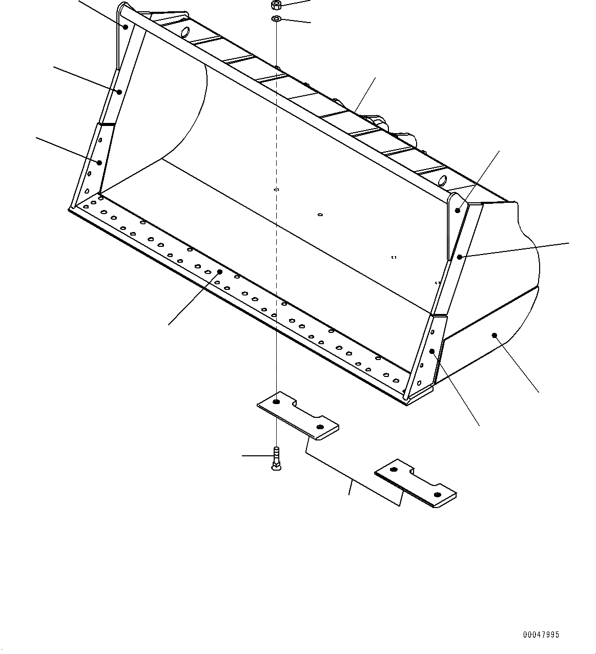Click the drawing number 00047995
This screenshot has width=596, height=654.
[541, 635]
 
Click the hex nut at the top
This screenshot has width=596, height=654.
[276, 6]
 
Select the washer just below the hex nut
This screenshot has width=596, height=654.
[276, 19]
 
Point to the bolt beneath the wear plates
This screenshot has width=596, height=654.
[276, 457]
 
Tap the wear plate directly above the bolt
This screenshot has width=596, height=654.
[298, 414]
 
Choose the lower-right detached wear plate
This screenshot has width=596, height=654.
[416, 482]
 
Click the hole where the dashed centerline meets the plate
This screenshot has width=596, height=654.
[276, 402]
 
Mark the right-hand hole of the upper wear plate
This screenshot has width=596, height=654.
[320, 427]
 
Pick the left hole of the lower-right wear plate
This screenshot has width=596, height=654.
[394, 470]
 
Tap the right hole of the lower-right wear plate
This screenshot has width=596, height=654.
[437, 495]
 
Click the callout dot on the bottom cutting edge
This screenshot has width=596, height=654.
[220, 271]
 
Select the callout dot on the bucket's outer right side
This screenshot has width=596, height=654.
[495, 335]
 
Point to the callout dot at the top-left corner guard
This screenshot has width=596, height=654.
[126, 27]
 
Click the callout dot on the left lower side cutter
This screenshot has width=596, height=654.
[100, 162]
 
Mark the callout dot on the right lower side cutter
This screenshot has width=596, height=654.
[432, 351]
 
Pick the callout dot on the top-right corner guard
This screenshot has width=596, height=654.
[458, 210]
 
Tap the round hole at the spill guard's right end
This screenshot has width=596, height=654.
[443, 180]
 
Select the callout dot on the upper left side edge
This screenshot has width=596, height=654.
[119, 92]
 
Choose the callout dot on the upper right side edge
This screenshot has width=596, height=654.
[460, 256]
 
